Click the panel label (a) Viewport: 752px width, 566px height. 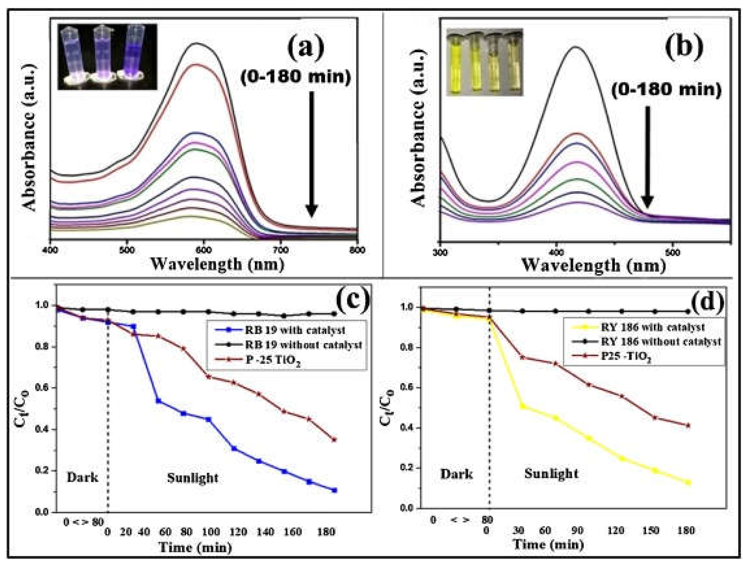[x=306, y=48]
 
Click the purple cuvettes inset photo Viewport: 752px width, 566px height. [x=107, y=57]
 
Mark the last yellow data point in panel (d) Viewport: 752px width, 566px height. [x=688, y=482]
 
